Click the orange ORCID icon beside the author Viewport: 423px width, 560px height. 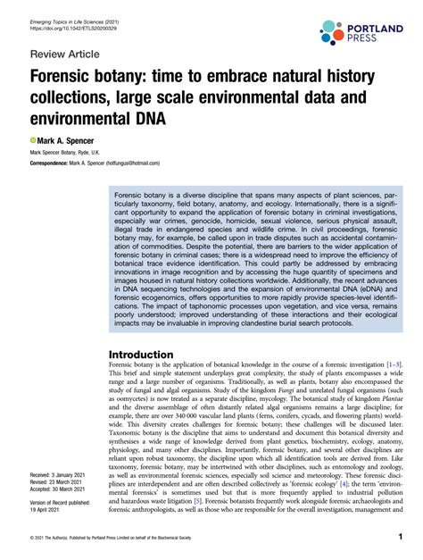33,141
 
